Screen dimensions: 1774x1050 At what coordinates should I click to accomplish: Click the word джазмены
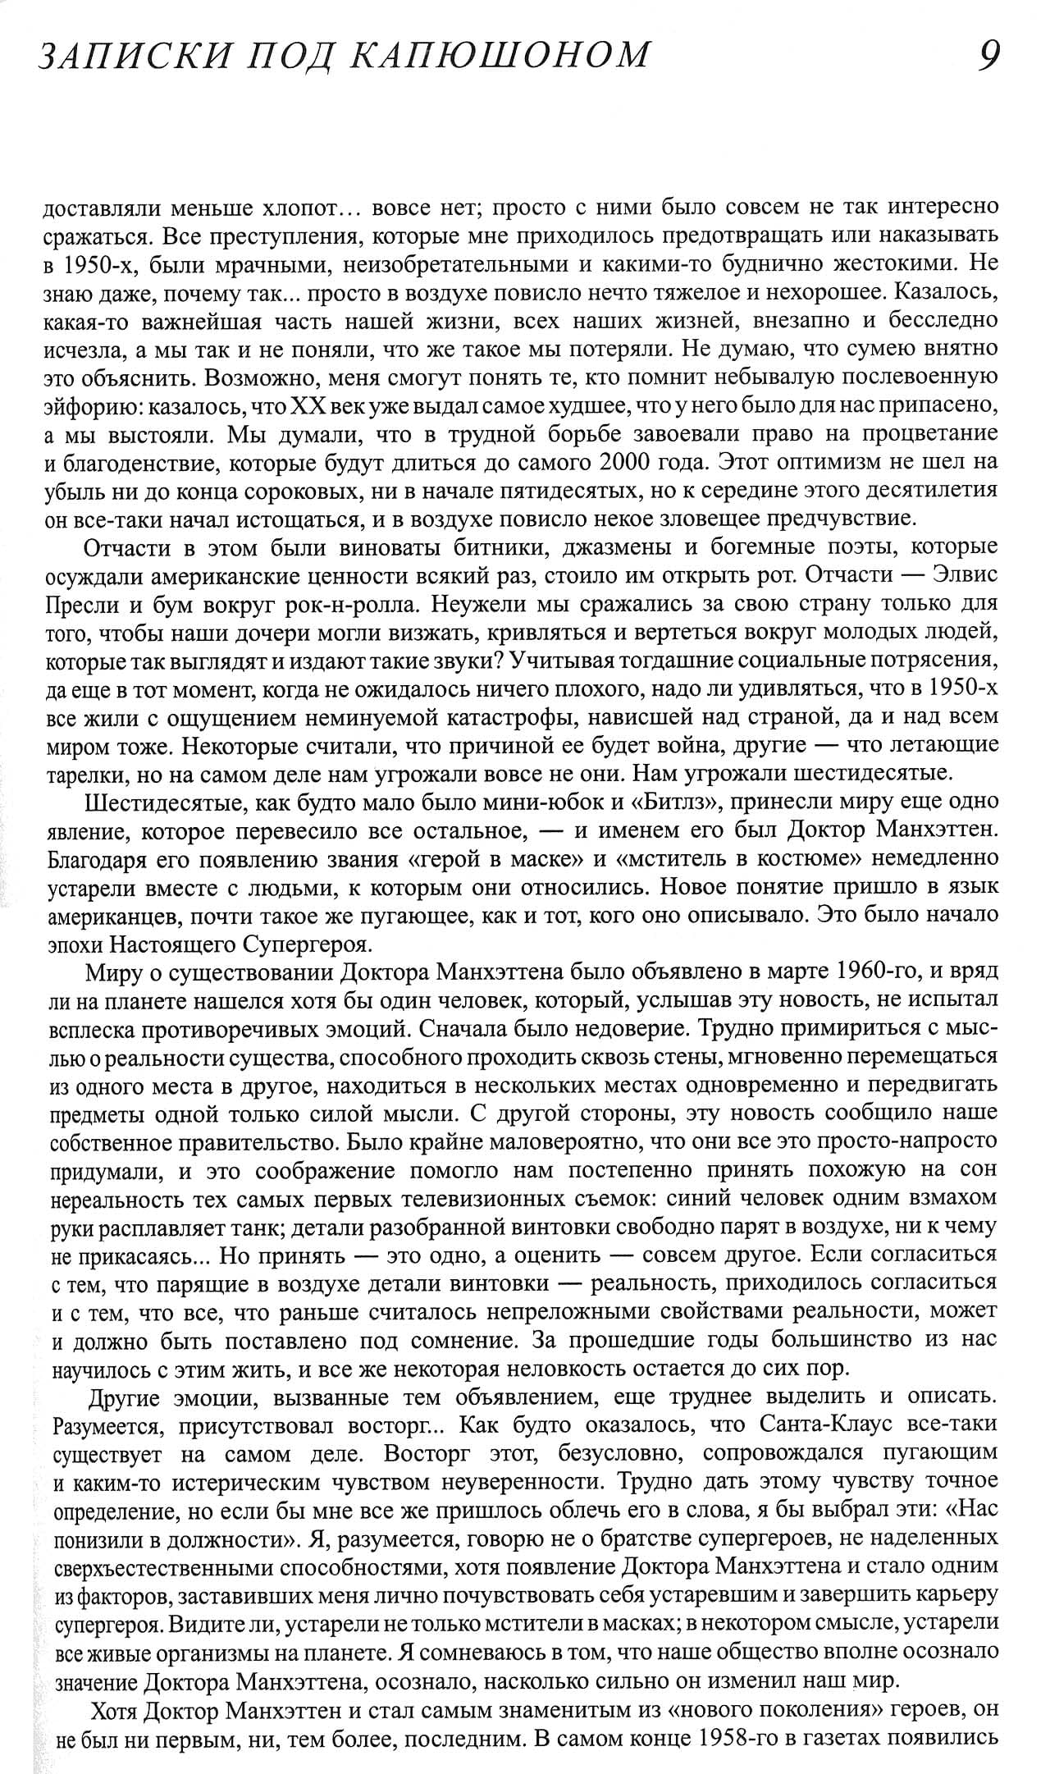point(554,547)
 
